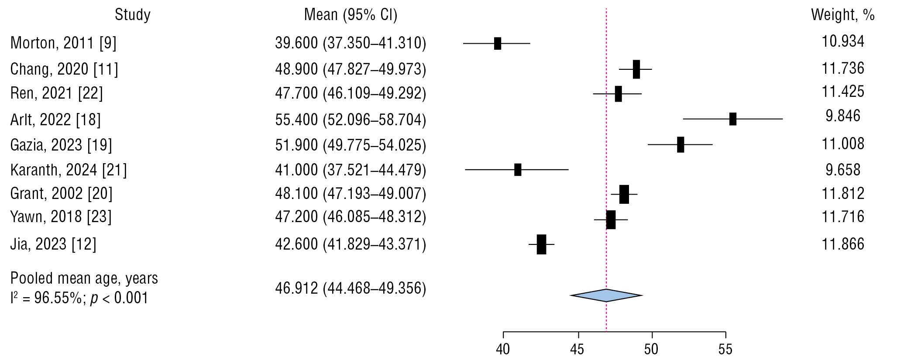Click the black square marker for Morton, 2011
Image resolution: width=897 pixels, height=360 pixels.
tap(498, 44)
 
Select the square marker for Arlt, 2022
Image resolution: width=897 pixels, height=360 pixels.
tap(733, 119)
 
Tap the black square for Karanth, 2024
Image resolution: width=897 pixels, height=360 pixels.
tap(518, 170)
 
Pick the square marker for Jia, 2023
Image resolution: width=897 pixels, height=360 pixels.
tap(541, 244)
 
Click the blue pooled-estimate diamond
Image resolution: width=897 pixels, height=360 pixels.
tap(606, 295)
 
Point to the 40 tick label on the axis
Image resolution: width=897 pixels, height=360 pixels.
tap(503, 350)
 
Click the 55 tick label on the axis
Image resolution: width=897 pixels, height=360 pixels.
tap(725, 350)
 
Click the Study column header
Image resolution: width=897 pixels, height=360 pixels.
tap(133, 15)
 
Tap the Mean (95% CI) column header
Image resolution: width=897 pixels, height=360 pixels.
tap(351, 15)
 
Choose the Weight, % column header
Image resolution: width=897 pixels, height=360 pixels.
tap(842, 15)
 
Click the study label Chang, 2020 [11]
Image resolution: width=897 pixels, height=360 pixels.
tap(64, 69)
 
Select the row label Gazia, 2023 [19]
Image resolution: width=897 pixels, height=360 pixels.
tap(61, 145)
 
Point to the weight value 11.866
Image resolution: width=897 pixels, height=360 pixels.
tap(843, 244)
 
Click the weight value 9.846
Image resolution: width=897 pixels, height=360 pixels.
tap(843, 116)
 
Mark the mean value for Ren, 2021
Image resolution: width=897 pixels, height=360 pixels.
tap(351, 93)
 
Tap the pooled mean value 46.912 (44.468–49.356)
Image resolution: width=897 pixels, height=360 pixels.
tap(351, 288)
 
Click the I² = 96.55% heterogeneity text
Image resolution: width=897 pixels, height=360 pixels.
tap(79, 298)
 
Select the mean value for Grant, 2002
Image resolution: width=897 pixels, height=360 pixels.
tap(351, 193)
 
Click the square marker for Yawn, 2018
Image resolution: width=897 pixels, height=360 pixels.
tap(611, 219)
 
